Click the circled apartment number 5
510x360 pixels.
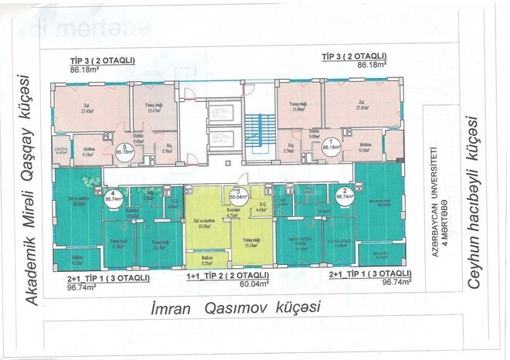120,150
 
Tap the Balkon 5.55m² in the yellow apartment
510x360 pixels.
206,260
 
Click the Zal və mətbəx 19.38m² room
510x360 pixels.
206,224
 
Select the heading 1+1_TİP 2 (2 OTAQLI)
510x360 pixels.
228,275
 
